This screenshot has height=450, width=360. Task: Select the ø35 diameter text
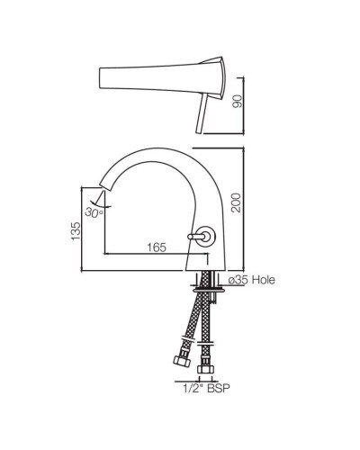238,281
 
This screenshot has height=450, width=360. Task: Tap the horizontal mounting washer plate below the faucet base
207,289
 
